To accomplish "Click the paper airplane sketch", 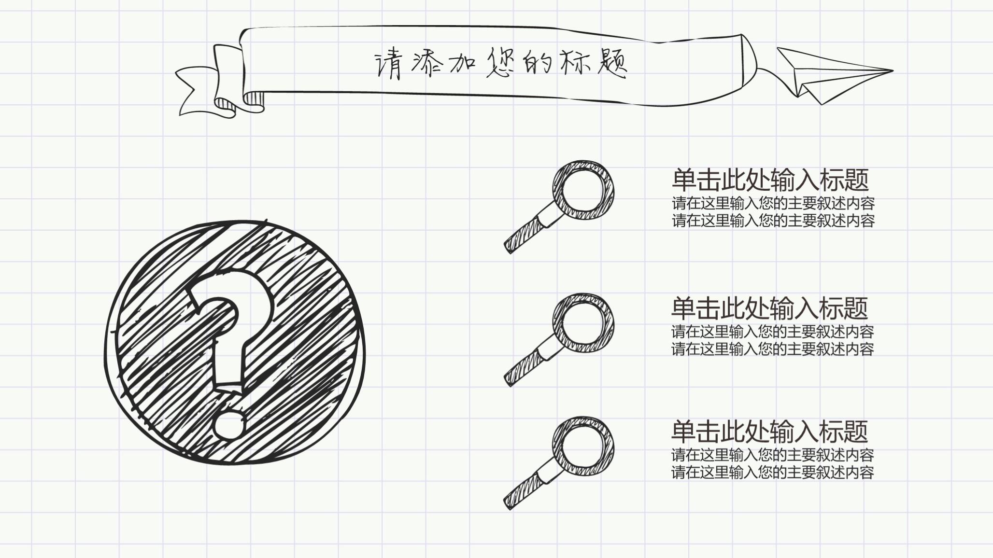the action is pyautogui.click(x=831, y=75).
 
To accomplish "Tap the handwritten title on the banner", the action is pyautogui.click(x=500, y=63).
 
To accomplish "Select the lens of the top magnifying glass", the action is pyautogui.click(x=583, y=190).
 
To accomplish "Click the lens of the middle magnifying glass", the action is pyautogui.click(x=583, y=322).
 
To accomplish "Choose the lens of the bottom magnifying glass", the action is pyautogui.click(x=583, y=446).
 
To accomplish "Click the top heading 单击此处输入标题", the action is pyautogui.click(x=770, y=180).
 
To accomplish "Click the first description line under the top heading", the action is pyautogui.click(x=773, y=203).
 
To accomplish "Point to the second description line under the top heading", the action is pyautogui.click(x=773, y=221).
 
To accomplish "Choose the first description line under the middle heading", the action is pyautogui.click(x=773, y=332).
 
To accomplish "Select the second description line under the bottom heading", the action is pyautogui.click(x=773, y=472).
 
